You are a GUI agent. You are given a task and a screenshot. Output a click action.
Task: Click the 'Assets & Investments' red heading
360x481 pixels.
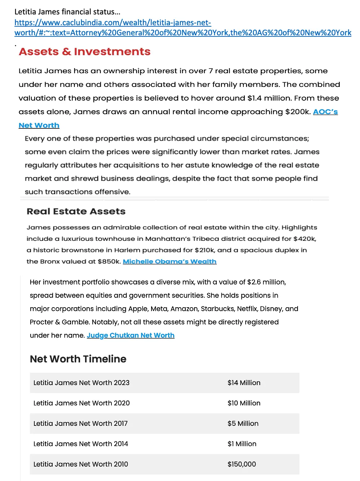click(84, 52)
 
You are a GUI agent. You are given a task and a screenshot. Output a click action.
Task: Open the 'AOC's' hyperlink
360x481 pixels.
click(325, 112)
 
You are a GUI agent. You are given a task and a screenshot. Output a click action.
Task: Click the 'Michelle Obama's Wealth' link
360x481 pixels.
click(170, 261)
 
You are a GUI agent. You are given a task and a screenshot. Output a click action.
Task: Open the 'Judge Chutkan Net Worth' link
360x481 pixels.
click(131, 335)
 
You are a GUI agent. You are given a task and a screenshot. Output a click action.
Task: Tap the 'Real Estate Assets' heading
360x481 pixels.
click(76, 211)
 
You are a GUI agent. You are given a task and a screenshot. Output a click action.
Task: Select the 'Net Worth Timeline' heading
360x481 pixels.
click(78, 359)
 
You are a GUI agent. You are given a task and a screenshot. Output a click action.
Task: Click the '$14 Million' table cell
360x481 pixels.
click(244, 383)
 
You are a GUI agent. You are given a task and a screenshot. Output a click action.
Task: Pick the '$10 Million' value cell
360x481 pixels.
click(244, 403)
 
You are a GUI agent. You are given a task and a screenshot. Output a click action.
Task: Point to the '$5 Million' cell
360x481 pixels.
click(243, 424)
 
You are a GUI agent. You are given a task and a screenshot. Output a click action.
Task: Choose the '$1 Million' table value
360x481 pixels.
click(242, 444)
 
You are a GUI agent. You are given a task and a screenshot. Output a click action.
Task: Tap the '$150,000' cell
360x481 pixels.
click(242, 464)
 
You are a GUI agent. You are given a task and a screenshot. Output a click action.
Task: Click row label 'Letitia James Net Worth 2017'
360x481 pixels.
click(80, 424)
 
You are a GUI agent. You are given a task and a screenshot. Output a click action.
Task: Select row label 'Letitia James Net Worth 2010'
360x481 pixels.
click(80, 464)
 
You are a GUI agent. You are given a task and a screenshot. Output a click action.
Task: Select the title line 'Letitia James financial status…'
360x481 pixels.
click(67, 12)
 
